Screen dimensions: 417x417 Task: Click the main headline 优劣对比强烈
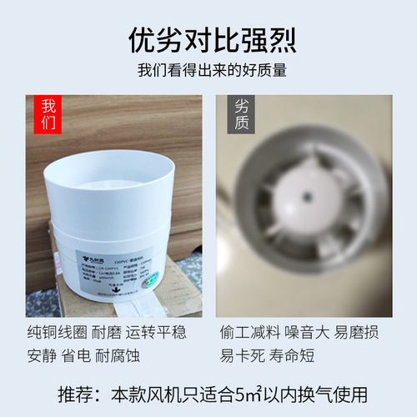(208, 39)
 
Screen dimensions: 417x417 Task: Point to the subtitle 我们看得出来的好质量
(208, 70)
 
